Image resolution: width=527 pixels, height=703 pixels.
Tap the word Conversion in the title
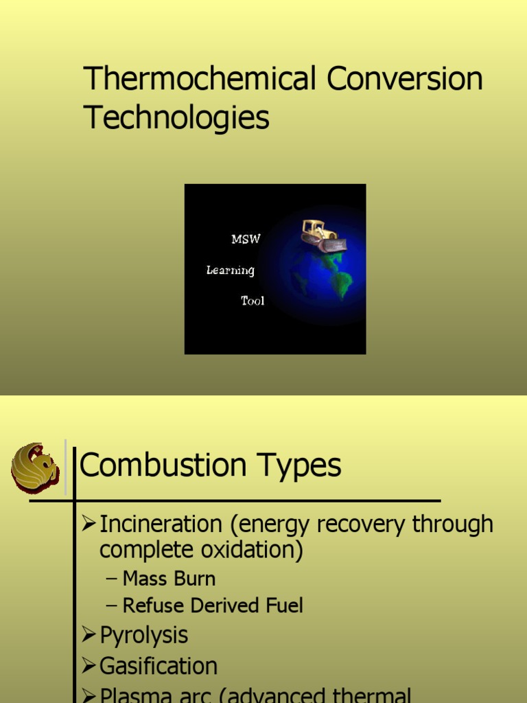tap(405, 79)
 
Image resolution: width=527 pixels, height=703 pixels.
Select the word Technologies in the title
tap(176, 117)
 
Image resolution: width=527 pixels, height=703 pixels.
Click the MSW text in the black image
tap(246, 239)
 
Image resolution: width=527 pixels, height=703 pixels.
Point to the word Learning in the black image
tap(231, 270)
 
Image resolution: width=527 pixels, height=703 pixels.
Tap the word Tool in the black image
tap(252, 301)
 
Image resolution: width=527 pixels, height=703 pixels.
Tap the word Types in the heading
tap(303, 466)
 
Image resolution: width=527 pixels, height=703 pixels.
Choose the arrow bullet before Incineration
tap(89, 525)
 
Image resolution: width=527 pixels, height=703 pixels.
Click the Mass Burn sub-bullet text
tap(169, 579)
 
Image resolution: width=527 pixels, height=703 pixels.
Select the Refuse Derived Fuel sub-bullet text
tap(213, 606)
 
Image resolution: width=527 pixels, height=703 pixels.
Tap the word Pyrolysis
tap(144, 635)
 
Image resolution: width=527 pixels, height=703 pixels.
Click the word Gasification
tap(159, 666)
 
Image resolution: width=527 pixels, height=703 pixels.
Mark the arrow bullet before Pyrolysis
tap(89, 635)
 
